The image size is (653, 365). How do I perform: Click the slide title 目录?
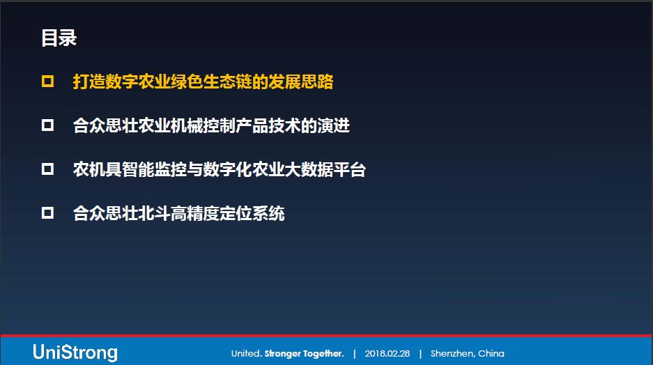[59, 38]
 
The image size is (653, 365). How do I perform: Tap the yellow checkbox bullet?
[47, 81]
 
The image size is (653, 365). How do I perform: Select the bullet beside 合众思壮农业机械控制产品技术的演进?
[47, 125]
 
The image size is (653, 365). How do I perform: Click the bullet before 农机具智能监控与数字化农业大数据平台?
[47, 169]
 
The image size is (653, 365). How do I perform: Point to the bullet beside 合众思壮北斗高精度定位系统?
[47, 213]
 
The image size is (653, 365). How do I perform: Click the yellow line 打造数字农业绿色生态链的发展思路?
[203, 81]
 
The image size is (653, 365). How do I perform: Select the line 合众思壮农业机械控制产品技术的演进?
[211, 125]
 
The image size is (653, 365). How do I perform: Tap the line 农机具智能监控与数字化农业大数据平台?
[220, 169]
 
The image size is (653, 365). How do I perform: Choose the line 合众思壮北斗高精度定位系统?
[178, 214]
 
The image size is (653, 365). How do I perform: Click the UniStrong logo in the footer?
[75, 352]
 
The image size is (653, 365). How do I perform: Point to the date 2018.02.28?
[387, 354]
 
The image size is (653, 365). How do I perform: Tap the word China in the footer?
[491, 353]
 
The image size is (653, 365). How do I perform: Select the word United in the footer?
[247, 354]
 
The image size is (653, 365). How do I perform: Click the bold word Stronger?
[282, 354]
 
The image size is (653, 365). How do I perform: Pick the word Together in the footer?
[323, 354]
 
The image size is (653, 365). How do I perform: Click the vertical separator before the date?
[355, 354]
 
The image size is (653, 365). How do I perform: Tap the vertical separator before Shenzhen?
[420, 354]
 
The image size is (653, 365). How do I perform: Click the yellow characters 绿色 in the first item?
[187, 81]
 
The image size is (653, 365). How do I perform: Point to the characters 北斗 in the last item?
[155, 214]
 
